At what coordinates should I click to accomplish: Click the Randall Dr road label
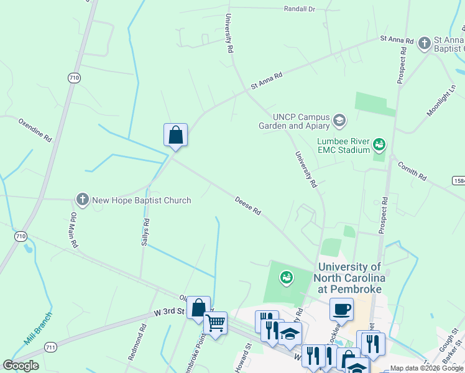click(300, 9)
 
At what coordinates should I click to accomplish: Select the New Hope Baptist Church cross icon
click(82, 200)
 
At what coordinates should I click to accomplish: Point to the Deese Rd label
click(247, 206)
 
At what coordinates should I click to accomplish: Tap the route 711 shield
click(50, 346)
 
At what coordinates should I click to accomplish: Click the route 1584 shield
click(458, 180)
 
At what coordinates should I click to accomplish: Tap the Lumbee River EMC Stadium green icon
click(379, 145)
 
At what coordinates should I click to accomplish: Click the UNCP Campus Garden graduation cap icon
click(339, 119)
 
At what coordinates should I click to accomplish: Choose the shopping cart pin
click(215, 323)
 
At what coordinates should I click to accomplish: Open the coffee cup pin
click(341, 308)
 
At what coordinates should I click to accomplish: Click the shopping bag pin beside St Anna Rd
click(175, 134)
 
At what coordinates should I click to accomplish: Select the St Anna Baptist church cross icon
click(424, 43)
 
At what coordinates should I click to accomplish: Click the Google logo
click(21, 366)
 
